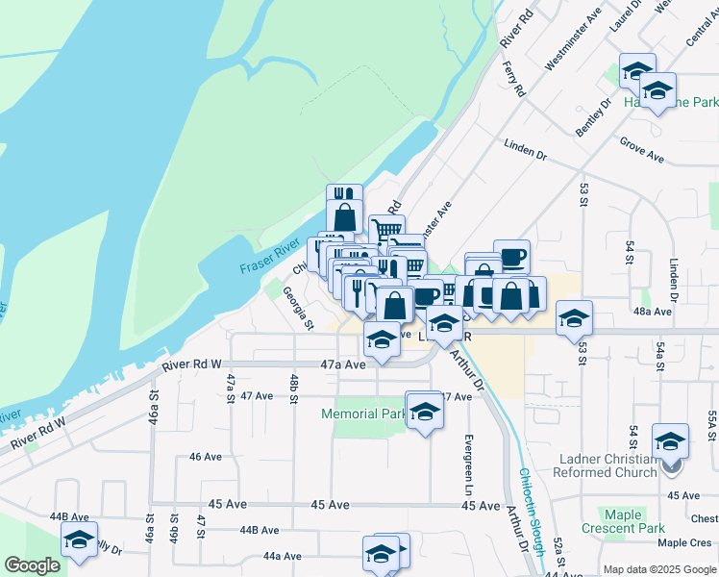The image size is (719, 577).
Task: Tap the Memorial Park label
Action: click(x=362, y=414)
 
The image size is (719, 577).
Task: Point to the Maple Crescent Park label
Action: click(x=623, y=521)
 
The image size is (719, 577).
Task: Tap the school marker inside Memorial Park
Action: click(x=424, y=411)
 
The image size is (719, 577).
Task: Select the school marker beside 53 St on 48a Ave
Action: click(x=574, y=318)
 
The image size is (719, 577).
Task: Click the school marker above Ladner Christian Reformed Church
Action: click(x=670, y=441)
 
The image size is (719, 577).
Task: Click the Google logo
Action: click(x=32, y=565)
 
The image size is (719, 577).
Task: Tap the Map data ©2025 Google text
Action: click(x=658, y=569)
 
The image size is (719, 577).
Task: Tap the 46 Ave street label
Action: click(x=206, y=457)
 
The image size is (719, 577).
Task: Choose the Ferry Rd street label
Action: click(x=514, y=79)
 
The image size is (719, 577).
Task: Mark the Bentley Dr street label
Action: click(x=595, y=114)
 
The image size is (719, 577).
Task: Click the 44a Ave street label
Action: click(x=283, y=556)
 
